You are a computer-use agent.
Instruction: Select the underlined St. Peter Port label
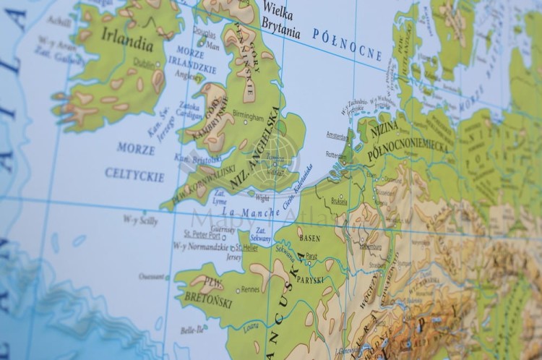point(202,234)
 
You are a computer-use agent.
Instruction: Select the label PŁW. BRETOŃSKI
point(207,288)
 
